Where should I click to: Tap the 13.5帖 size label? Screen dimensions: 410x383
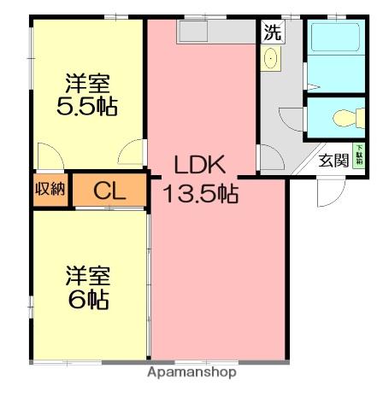click(x=201, y=194)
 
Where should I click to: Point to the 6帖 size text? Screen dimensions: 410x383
click(x=88, y=300)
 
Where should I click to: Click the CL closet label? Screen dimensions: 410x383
click(x=109, y=190)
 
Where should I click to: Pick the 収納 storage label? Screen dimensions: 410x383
click(x=50, y=190)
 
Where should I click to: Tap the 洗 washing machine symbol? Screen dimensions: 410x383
click(x=272, y=33)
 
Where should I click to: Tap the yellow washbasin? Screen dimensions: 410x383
click(x=273, y=60)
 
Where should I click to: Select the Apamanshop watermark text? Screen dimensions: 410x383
click(x=191, y=373)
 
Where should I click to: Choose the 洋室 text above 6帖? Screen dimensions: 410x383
click(x=88, y=276)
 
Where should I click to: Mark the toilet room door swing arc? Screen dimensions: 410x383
click(x=295, y=119)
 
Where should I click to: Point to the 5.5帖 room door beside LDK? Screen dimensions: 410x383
click(x=131, y=154)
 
